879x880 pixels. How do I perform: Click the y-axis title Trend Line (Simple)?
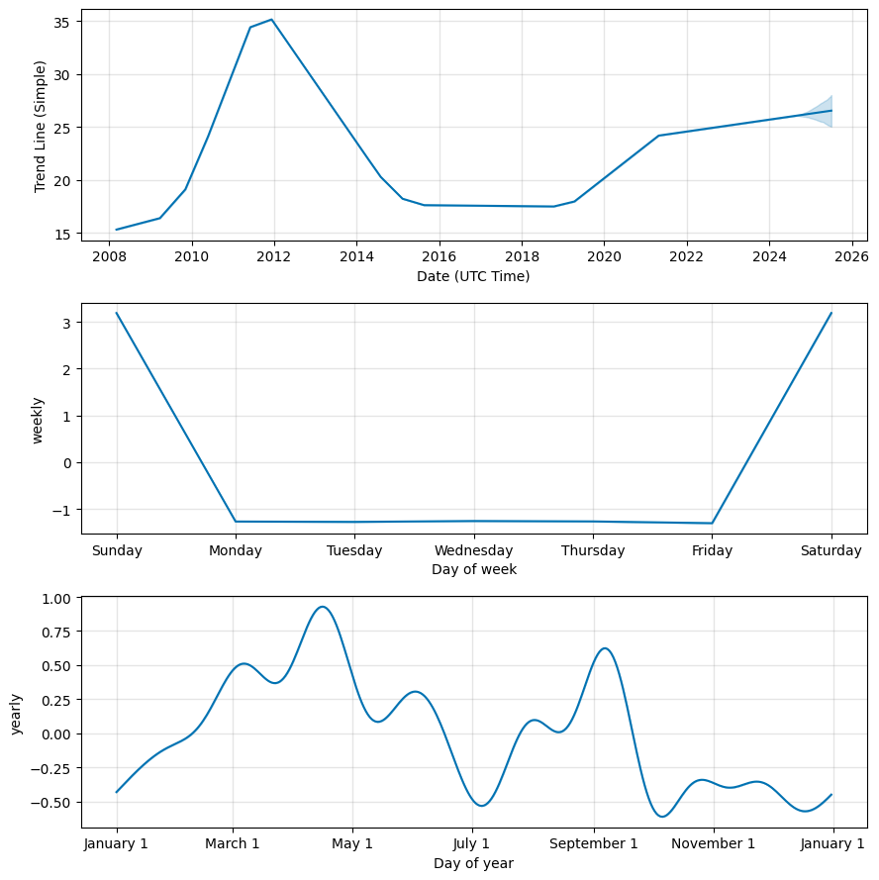pos(40,126)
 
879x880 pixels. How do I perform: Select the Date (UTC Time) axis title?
pos(473,276)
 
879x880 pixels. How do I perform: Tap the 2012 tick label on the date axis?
pos(273,256)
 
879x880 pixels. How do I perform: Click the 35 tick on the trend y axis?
pos(62,22)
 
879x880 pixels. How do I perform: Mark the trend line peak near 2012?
pos(271,20)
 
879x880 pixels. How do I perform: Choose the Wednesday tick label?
pos(473,550)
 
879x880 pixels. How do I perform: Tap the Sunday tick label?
pos(117,550)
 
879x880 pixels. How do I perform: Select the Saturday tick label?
pos(830,550)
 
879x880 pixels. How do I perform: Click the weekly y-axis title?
pos(38,420)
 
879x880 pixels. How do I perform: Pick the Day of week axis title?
pos(473,569)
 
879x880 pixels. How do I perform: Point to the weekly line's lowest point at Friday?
pos(712,523)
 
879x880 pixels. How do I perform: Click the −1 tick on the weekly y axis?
pos(64,510)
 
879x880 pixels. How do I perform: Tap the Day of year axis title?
pos(473,863)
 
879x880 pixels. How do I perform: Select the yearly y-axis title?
pos(17,713)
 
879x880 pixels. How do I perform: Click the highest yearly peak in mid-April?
pos(322,607)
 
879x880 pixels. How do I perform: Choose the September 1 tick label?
pos(594,844)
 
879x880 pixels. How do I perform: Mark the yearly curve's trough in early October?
pos(662,817)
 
